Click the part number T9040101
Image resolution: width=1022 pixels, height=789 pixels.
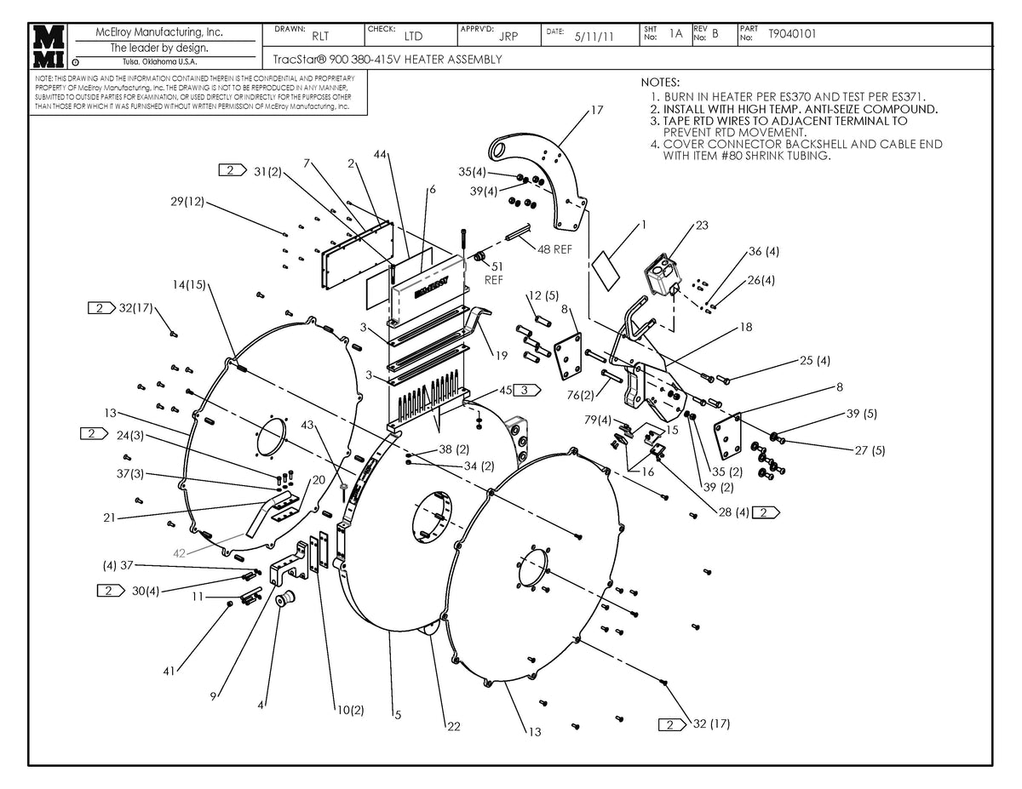[791, 35]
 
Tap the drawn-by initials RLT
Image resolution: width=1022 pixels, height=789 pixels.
[320, 37]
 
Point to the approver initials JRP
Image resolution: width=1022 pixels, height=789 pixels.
[508, 37]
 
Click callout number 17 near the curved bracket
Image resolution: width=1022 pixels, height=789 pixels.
[596, 111]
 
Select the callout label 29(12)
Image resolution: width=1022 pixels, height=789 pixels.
[187, 201]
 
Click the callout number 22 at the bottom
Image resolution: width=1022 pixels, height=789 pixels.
[453, 726]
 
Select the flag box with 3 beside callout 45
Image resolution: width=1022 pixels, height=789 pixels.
[529, 390]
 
